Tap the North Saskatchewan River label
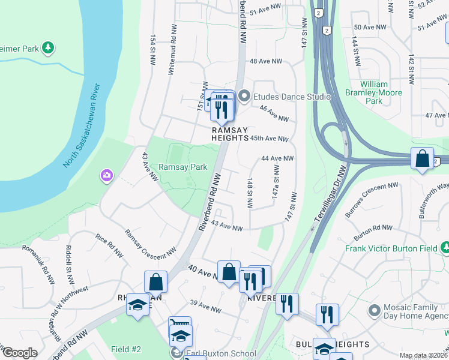tap(82, 127)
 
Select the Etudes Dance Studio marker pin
tap(244, 96)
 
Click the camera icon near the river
tap(106, 175)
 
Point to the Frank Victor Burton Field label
tap(390, 248)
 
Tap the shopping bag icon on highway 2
tap(423, 159)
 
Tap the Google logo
tap(20, 353)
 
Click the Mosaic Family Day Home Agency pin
tap(375, 311)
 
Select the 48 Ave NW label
tap(265, 61)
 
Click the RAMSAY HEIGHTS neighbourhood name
tap(229, 133)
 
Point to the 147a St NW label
tap(276, 184)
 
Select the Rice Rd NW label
tap(109, 246)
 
